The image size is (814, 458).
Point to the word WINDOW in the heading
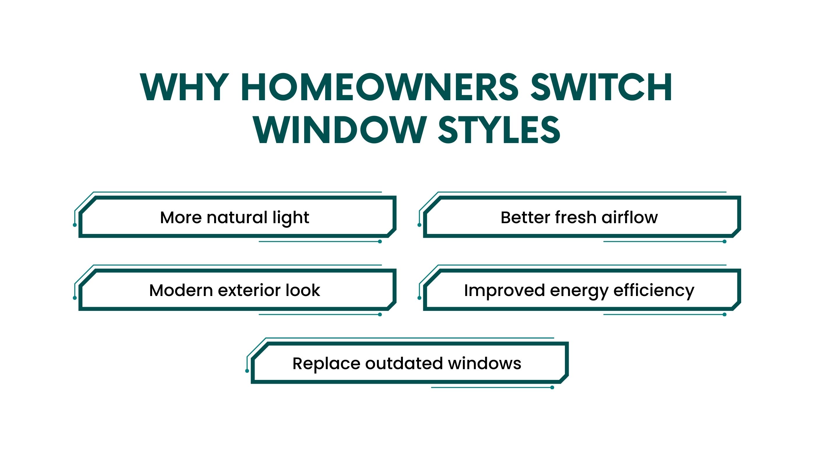pyautogui.click(x=340, y=130)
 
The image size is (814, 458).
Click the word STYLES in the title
pyautogui.click(x=500, y=130)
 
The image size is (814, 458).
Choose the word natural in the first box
pyautogui.click(x=237, y=217)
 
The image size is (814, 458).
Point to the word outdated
pyautogui.click(x=404, y=364)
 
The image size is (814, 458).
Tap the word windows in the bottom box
pyautogui.click(x=485, y=364)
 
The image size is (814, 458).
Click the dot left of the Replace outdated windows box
pyautogui.click(x=247, y=371)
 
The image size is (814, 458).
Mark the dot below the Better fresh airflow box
pyautogui.click(x=725, y=242)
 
